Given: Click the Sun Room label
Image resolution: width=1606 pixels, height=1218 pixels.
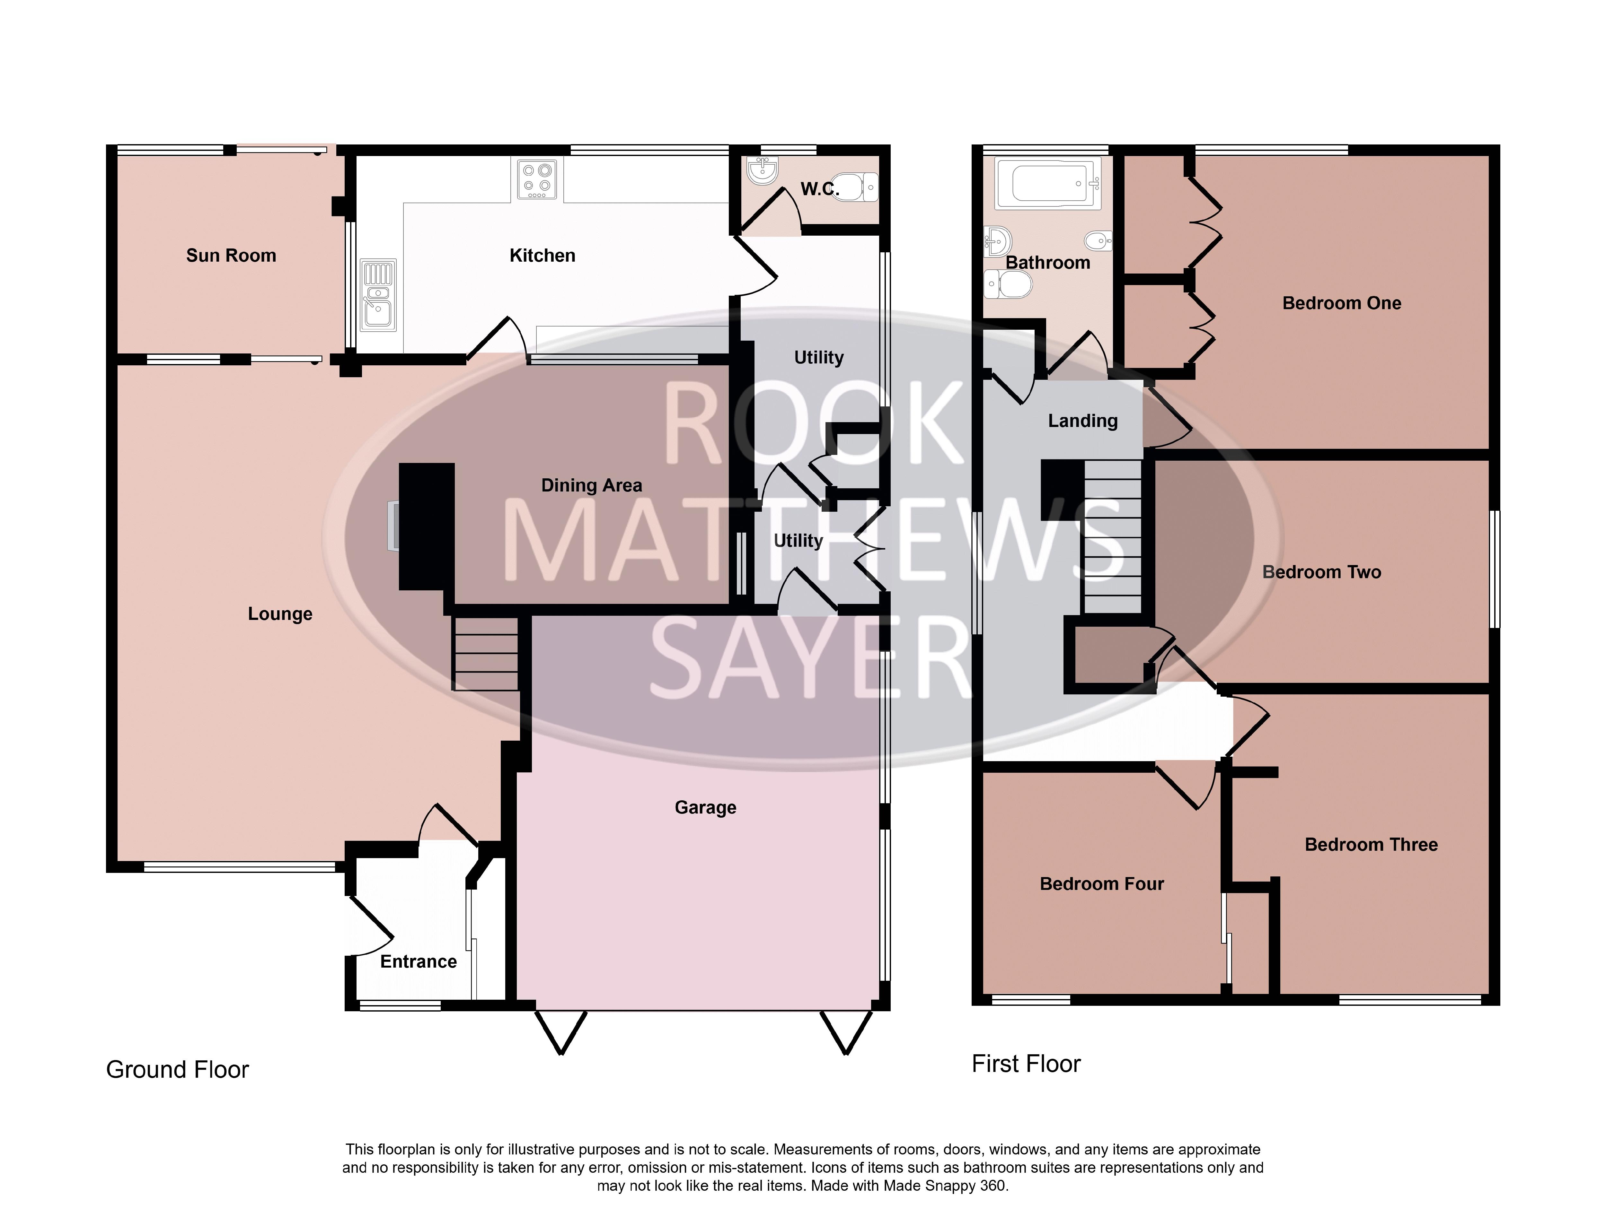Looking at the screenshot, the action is pos(231,256).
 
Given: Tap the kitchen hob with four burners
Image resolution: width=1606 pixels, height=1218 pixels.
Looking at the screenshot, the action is pos(537,179).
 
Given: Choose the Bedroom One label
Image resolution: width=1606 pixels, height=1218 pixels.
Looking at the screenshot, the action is pos(1342,303).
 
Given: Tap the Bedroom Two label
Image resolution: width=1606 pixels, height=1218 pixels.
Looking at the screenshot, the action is pos(1321,572).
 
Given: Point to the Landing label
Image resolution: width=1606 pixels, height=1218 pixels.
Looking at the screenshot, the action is pos(1082,421).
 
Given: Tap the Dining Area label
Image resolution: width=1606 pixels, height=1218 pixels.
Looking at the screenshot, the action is pos(592,486).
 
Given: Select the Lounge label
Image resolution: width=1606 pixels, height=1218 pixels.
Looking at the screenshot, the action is pos(280,614).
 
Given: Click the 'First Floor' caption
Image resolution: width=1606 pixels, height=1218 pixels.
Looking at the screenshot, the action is pos(1026,1064).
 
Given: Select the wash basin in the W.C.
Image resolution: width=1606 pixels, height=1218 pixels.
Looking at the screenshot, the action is pos(762,171).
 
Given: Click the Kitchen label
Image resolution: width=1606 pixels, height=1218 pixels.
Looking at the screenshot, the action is pos(543,256).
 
